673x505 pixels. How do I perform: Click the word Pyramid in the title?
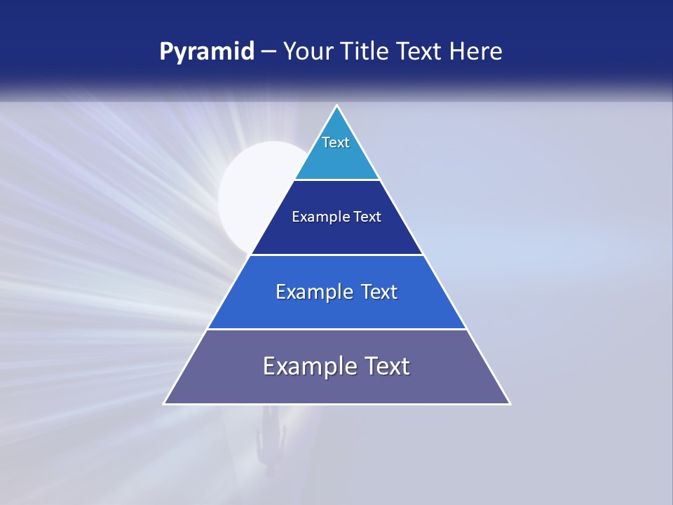pos(207,52)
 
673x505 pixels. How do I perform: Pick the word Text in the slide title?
pos(422,52)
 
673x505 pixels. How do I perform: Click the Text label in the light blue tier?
pos(336,142)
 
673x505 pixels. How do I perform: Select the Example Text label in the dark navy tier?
pos(336,217)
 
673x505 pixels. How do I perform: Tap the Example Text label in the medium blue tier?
pos(336,292)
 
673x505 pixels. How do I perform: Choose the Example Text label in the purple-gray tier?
pos(336,366)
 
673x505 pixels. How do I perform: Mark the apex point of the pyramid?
pos(337,106)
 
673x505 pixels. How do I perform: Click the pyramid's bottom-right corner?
pos(510,403)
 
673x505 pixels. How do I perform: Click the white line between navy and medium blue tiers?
pos(336,255)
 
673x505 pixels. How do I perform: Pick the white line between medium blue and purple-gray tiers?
pos(336,329)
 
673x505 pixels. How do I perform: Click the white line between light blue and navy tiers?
pos(336,180)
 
